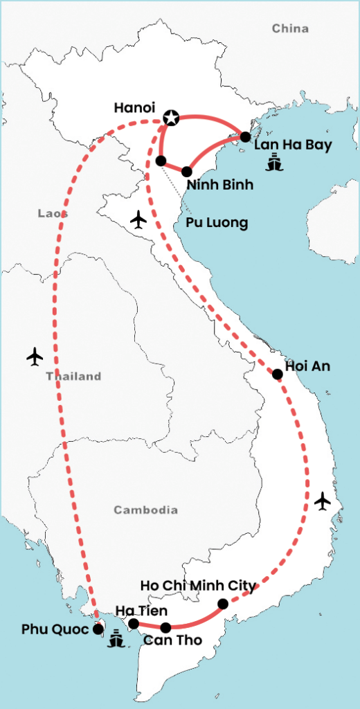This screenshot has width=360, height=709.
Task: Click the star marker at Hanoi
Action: coord(170,118)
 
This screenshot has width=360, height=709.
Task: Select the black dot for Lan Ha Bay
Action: coord(245,136)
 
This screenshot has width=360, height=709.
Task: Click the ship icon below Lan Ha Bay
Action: coord(275,164)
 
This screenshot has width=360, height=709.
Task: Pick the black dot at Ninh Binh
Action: coord(187,171)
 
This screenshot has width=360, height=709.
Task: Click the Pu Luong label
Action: coord(217,223)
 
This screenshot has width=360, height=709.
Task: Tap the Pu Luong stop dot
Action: coord(161,161)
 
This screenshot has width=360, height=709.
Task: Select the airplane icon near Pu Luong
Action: coord(139,220)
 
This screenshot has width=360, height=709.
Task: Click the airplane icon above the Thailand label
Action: coord(35,356)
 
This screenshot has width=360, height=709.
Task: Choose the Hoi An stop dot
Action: coord(277,374)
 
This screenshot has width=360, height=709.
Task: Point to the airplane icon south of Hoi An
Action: coord(322,501)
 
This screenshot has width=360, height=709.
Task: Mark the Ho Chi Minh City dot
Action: coord(222,604)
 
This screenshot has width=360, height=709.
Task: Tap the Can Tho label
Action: coord(172,640)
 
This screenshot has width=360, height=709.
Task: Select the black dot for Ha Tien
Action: coord(134,624)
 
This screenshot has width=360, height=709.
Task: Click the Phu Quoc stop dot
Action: coord(98,629)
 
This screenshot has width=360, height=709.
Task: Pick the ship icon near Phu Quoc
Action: coord(116,640)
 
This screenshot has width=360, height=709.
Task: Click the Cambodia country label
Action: coord(145,510)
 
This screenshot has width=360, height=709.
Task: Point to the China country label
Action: coord(290,28)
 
